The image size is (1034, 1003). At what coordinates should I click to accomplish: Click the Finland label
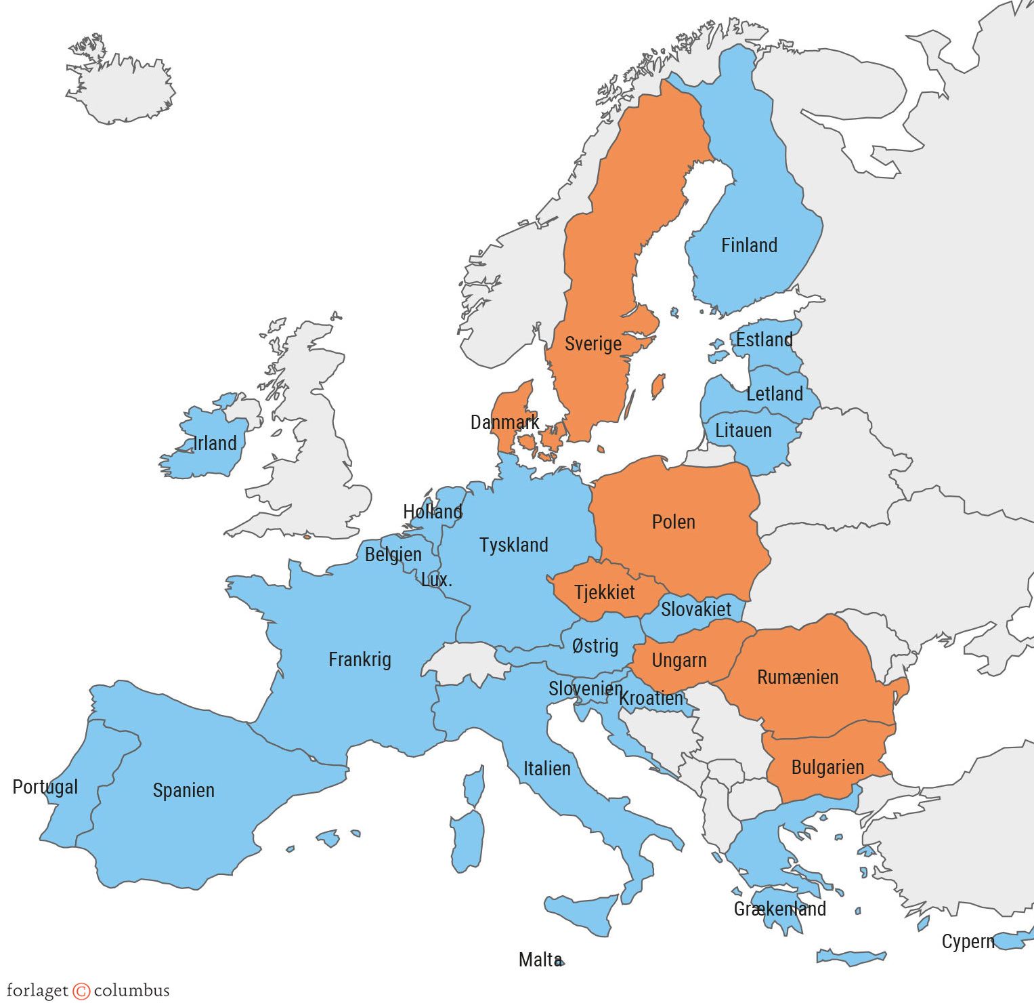[749, 245]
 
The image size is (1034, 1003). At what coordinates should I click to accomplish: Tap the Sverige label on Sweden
[593, 344]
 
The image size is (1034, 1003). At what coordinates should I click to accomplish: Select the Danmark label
[504, 423]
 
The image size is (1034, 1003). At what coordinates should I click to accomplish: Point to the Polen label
[673, 522]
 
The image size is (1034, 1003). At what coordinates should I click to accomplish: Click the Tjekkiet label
[605, 592]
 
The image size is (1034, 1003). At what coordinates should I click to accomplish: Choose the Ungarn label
[678, 660]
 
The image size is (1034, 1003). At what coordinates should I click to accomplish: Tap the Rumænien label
[798, 677]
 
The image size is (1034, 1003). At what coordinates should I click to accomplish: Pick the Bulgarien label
[827, 767]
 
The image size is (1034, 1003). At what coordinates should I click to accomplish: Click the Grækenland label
[779, 909]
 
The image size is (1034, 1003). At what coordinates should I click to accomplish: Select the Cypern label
[968, 941]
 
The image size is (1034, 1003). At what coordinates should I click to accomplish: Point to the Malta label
[540, 960]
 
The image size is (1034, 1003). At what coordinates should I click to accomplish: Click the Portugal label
[45, 787]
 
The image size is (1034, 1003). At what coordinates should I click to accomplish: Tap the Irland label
[215, 443]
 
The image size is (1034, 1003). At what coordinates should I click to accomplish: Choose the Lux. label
[436, 580]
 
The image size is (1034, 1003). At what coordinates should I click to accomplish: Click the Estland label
[764, 340]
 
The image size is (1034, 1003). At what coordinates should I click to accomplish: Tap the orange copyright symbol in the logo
[81, 991]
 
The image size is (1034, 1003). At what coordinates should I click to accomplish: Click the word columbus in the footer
[131, 991]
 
